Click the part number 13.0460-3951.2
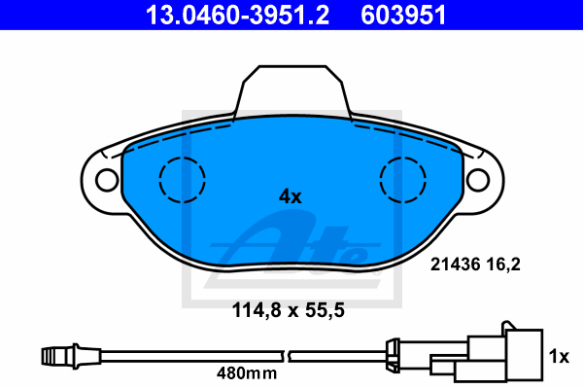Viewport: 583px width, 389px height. point(237,15)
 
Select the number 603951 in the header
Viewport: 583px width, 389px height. point(403,15)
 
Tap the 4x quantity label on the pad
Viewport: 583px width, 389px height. point(291,196)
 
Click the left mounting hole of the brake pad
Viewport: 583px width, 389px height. point(107,180)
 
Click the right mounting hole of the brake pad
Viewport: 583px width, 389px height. point(478,180)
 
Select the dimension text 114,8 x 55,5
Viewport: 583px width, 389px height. point(289,310)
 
